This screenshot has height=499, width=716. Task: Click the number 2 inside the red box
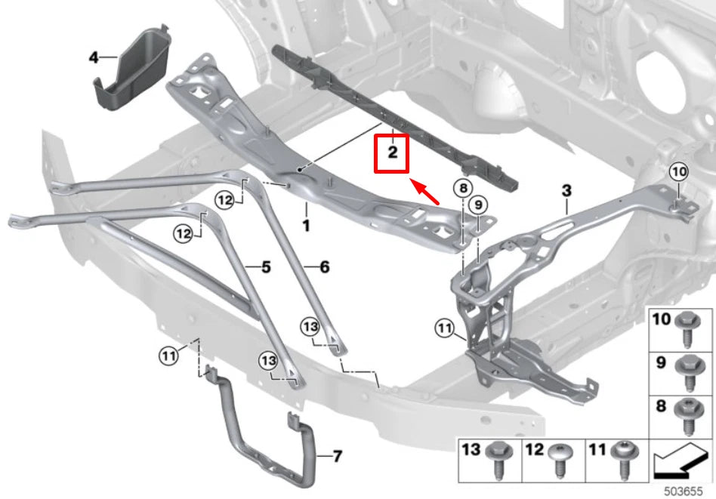[x=392, y=152]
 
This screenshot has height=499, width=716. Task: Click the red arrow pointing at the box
[x=424, y=192]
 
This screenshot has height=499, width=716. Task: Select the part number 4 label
[x=94, y=57]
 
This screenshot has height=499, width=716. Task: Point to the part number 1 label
[x=307, y=225]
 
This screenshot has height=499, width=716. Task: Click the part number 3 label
[x=566, y=189]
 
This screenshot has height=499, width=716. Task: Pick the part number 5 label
[x=265, y=266]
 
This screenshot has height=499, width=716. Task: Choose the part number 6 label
[x=325, y=266]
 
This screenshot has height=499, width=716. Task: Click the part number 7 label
[x=337, y=456]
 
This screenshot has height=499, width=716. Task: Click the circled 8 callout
[x=462, y=188]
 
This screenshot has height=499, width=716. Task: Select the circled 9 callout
[x=476, y=205]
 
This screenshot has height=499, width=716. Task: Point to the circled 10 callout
[x=678, y=173]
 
